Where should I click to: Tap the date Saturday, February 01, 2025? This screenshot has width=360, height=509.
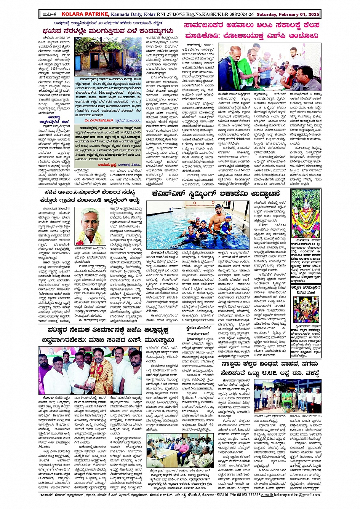288,14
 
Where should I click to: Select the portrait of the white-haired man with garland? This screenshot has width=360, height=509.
90,227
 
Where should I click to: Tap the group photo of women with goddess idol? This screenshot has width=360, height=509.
305,309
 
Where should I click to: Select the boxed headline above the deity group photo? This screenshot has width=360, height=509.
305,288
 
